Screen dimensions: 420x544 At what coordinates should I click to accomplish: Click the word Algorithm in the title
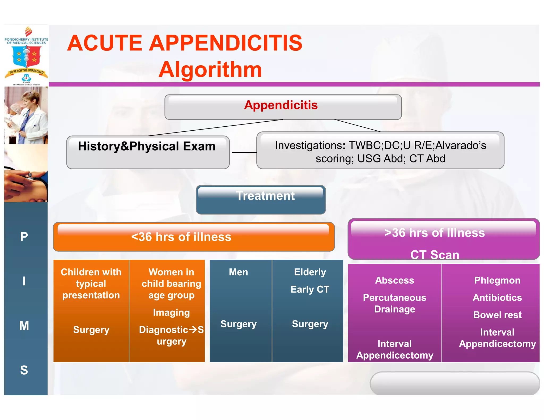[x=210, y=70]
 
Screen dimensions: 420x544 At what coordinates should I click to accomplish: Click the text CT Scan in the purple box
[x=435, y=255]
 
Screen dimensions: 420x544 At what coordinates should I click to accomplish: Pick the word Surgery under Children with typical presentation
[x=91, y=330]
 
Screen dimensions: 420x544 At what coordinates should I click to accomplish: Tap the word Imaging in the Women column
[x=171, y=312]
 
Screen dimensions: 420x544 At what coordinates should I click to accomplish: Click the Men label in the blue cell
[x=238, y=272]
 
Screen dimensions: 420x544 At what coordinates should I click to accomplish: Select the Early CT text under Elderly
[x=310, y=289]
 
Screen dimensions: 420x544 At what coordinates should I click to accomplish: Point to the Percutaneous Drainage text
[x=394, y=303]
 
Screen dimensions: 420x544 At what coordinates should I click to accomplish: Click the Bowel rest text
[x=497, y=315]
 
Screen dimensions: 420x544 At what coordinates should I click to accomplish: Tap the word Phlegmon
[x=497, y=280]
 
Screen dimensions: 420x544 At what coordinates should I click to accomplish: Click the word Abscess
[x=394, y=280]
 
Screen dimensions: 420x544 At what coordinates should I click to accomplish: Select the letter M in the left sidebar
[x=24, y=325]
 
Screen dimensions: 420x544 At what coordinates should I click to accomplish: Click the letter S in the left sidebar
[x=24, y=370]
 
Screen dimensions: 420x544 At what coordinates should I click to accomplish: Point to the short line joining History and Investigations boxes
[x=244, y=152]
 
